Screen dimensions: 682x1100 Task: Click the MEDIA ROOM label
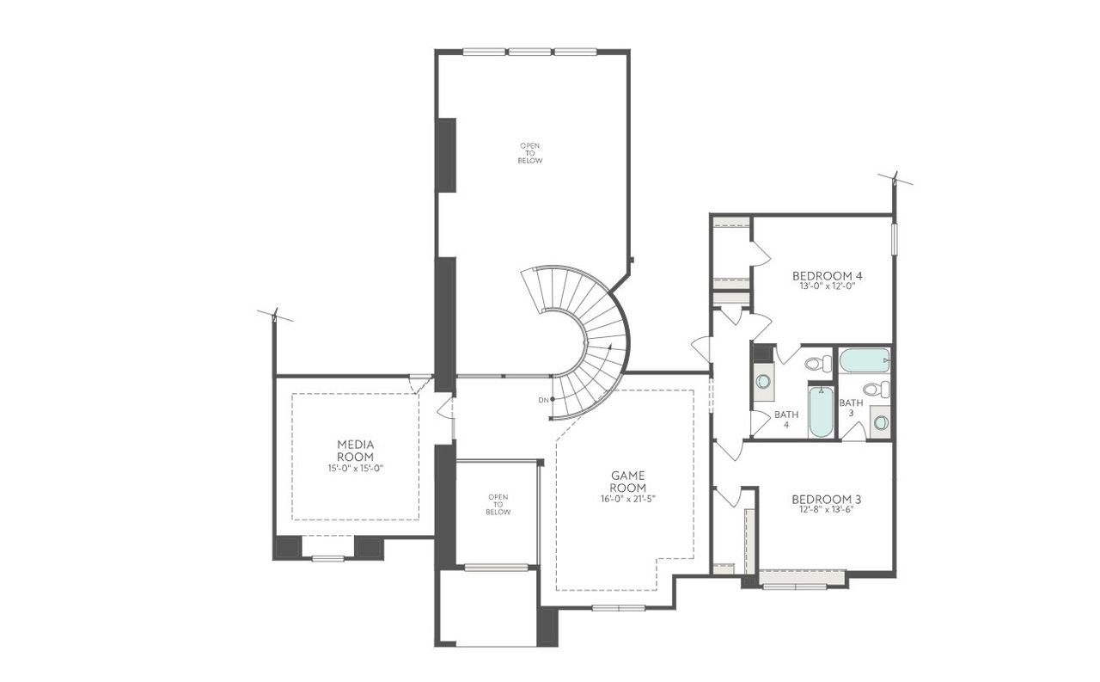pyautogui.click(x=355, y=450)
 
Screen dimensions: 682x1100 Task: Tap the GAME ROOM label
pyautogui.click(x=628, y=481)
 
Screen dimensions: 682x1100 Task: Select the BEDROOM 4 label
pyautogui.click(x=827, y=276)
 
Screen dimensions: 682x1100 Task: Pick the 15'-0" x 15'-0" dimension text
pyautogui.click(x=355, y=469)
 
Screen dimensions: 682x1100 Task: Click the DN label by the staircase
pyautogui.click(x=543, y=400)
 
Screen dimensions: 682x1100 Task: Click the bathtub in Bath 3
pyautogui.click(x=864, y=360)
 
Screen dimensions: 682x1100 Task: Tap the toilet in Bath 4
pyautogui.click(x=818, y=364)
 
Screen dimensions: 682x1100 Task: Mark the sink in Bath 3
pyautogui.click(x=880, y=422)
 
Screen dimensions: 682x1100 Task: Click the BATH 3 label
pyautogui.click(x=851, y=408)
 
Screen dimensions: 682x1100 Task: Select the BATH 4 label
pyautogui.click(x=785, y=419)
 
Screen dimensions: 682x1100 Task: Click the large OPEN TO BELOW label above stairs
pyautogui.click(x=530, y=153)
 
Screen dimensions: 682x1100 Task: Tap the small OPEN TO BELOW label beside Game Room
pyautogui.click(x=498, y=505)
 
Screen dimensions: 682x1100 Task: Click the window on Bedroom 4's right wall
pyautogui.click(x=894, y=238)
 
